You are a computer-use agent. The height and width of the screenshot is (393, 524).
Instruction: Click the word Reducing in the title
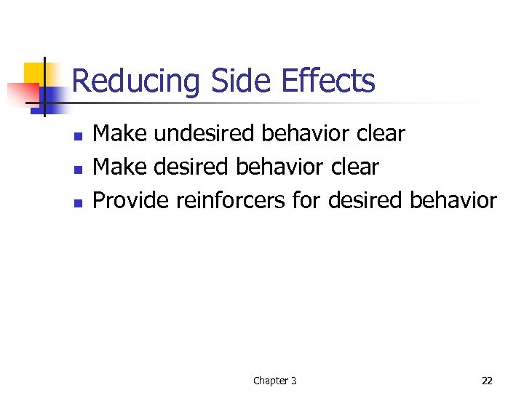tap(135, 81)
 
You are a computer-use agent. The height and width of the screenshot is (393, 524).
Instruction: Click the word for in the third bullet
tap(306, 201)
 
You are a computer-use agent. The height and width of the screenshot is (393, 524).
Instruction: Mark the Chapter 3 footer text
tap(274, 381)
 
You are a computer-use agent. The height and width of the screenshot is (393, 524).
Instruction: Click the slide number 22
tap(487, 381)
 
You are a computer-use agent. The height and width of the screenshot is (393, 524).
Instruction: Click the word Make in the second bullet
tap(119, 167)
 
